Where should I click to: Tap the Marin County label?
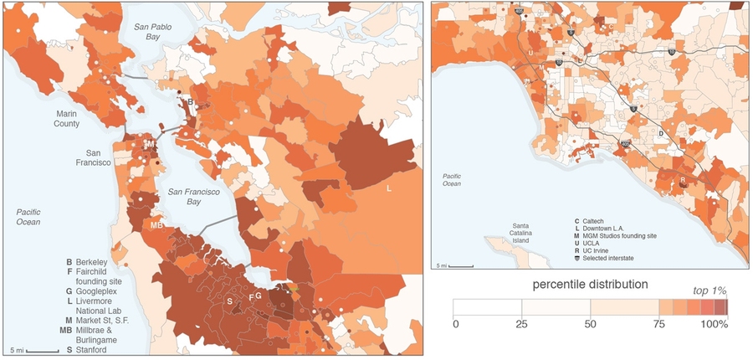(67, 118)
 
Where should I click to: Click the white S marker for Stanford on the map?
(229, 299)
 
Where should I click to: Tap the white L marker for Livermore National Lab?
(389, 188)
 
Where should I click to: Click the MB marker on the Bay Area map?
(156, 225)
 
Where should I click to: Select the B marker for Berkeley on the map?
(190, 102)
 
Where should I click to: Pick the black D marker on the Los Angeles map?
(660, 133)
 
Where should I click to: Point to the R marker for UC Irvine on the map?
(684, 179)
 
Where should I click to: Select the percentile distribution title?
(590, 285)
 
